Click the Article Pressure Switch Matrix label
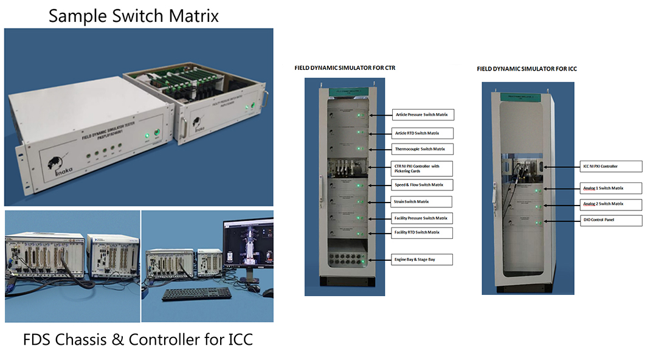pyautogui.click(x=424, y=114)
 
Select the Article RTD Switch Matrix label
pyautogui.click(x=424, y=133)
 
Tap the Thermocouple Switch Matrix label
pyautogui.click(x=423, y=149)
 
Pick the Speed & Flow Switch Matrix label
pyautogui.click(x=423, y=185)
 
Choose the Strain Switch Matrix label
pyautogui.click(x=421, y=202)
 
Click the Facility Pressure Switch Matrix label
pyautogui.click(x=424, y=218)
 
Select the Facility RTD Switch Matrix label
pyautogui.click(x=424, y=232)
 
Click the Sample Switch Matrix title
pyautogui.click(x=134, y=15)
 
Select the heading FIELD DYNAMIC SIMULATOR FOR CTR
pyautogui.click(x=345, y=68)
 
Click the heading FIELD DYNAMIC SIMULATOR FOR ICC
pyautogui.click(x=527, y=69)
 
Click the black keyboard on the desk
pyautogui.click(x=196, y=294)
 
